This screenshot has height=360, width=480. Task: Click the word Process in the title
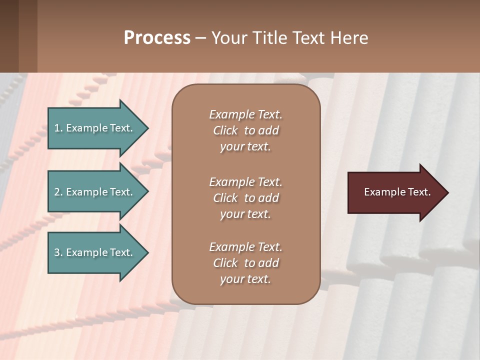[x=157, y=38]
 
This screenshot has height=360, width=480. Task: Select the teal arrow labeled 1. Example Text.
[x=95, y=128]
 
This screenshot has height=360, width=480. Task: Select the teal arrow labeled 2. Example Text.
[x=95, y=192]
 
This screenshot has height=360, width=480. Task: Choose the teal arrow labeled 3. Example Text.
[x=95, y=252]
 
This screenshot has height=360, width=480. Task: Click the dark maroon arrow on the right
[x=395, y=192]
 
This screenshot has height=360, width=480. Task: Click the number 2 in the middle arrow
[x=56, y=192]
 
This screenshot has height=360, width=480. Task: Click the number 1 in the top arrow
[x=56, y=128]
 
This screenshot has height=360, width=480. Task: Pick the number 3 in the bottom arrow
[x=56, y=252]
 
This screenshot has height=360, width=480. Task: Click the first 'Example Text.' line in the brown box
[x=245, y=114]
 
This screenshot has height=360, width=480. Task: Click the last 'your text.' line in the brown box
[x=245, y=279]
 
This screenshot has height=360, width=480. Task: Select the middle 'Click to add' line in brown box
[x=245, y=198]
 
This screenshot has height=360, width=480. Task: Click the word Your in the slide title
[x=229, y=38]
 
